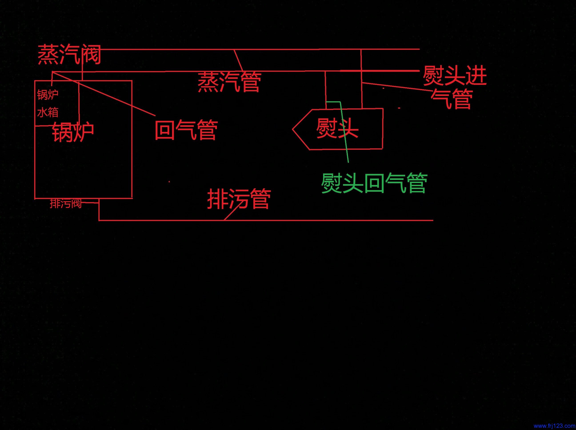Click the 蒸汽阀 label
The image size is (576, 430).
(69, 54)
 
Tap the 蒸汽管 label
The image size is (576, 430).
(229, 82)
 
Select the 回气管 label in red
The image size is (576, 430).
(186, 130)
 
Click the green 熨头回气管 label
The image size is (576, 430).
(374, 184)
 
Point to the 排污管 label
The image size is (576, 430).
(239, 199)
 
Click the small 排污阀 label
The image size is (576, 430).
(66, 203)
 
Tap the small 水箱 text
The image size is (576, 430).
(48, 112)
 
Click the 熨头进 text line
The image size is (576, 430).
(455, 76)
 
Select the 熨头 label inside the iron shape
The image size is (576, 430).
(337, 128)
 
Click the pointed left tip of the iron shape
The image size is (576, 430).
(293, 129)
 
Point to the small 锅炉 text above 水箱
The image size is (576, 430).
(48, 95)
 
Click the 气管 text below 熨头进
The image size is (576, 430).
(452, 99)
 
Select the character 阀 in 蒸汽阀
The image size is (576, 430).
(91, 54)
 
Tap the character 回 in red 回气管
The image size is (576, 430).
(165, 130)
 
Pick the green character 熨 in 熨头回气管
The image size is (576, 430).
(332, 184)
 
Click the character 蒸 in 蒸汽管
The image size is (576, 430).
(208, 82)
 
